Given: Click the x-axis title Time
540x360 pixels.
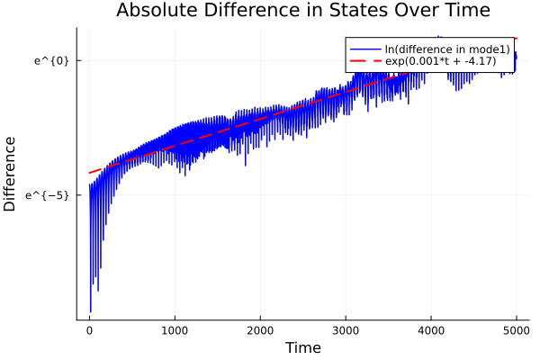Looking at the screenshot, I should point(302,348).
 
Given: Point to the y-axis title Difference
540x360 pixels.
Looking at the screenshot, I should point(11,174).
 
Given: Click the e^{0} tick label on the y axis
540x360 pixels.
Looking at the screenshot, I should point(51,60).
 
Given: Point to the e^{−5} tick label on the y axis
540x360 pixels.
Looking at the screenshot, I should point(49,195).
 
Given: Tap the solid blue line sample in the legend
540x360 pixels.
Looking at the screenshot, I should point(363,48).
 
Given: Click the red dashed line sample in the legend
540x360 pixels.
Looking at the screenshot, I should point(363,61).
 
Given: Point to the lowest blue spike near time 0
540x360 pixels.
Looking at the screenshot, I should point(90,310).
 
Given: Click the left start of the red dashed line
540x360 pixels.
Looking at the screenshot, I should point(90,173).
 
